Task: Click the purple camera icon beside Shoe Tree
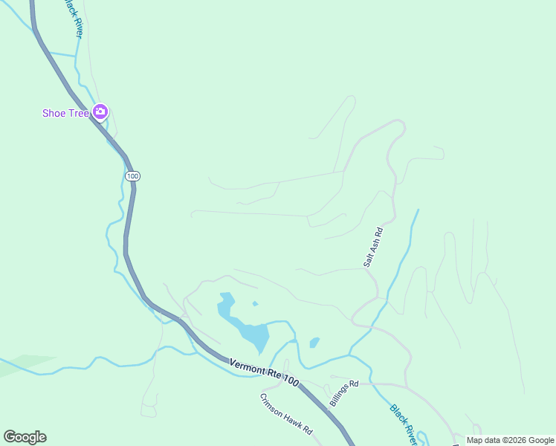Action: (100, 112)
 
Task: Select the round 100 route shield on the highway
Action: (132, 176)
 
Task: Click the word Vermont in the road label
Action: (246, 366)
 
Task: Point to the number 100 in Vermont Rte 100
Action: (290, 381)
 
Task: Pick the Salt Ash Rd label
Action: (372, 247)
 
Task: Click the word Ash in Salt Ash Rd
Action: (372, 247)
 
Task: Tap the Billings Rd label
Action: (344, 393)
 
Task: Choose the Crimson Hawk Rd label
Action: (286, 414)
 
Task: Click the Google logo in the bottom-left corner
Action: (25, 437)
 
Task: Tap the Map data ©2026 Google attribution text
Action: (510, 440)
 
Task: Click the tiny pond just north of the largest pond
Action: (255, 303)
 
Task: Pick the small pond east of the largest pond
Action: (314, 343)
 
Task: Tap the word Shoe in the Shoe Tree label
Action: (55, 113)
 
